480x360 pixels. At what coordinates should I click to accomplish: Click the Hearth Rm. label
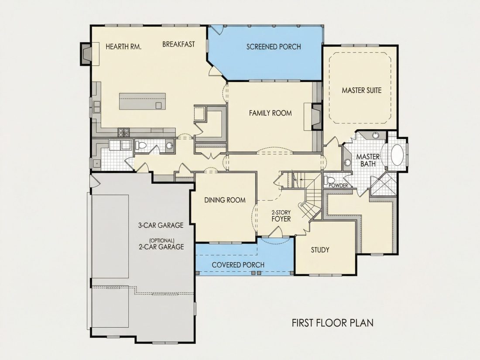pyautogui.click(x=123, y=47)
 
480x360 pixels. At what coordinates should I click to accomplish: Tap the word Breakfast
pyautogui.click(x=178, y=45)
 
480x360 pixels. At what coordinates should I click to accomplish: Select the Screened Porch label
pyautogui.click(x=274, y=47)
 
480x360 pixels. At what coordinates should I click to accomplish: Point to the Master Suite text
pyautogui.click(x=362, y=90)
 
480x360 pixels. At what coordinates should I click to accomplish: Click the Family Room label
pyautogui.click(x=270, y=113)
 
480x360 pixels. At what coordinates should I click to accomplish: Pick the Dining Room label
pyautogui.click(x=225, y=200)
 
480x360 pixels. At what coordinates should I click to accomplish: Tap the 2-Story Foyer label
pyautogui.click(x=281, y=216)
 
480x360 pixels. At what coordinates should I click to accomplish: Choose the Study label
pyautogui.click(x=320, y=250)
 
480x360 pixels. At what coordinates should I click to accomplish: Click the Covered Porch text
pyautogui.click(x=238, y=265)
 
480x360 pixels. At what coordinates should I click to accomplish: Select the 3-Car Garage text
pyautogui.click(x=161, y=225)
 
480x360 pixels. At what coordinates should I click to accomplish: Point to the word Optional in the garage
pyautogui.click(x=162, y=240)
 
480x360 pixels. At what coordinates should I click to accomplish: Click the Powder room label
pyautogui.click(x=338, y=185)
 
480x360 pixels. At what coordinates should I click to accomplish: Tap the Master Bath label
pyautogui.click(x=368, y=161)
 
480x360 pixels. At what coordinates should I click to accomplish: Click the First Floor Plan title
pyautogui.click(x=333, y=323)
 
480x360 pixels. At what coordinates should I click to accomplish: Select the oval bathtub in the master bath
pyautogui.click(x=398, y=155)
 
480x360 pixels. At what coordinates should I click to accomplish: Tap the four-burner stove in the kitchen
pyautogui.click(x=123, y=132)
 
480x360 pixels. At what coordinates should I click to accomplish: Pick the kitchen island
pyautogui.click(x=142, y=101)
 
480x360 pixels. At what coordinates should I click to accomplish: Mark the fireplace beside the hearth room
pyautogui.click(x=86, y=54)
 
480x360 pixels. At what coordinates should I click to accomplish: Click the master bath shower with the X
pyautogui.click(x=384, y=184)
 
